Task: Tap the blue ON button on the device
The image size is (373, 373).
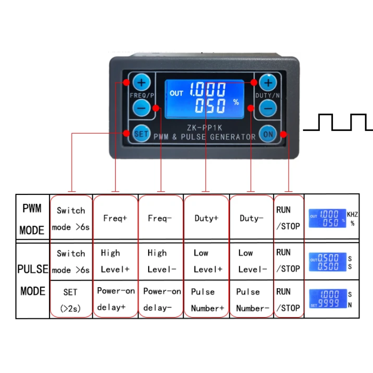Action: pos(268,134)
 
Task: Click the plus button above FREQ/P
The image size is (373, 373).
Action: pos(142,83)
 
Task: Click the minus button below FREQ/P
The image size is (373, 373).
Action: pos(142,108)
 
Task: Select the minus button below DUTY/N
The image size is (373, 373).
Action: pos(268,108)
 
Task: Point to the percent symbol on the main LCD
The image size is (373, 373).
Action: pos(236,102)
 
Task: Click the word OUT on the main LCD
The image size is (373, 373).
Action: pos(176,93)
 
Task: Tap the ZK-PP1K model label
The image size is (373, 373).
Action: pos(205,128)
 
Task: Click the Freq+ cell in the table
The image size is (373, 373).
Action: pos(115,218)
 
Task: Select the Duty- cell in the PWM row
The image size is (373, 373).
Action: pos(251,218)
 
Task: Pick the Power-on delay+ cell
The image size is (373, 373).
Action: pos(116,299)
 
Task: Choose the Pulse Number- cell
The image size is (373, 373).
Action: pos(252,300)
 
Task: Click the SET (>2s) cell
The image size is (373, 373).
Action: pos(70,300)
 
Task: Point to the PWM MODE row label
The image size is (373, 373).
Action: pos(32,219)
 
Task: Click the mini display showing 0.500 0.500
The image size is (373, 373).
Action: pos(328,262)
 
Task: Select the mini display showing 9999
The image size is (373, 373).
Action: pos(328,298)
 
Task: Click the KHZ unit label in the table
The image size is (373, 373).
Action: pos(352,214)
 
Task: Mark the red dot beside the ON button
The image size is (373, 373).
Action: pos(283,134)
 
